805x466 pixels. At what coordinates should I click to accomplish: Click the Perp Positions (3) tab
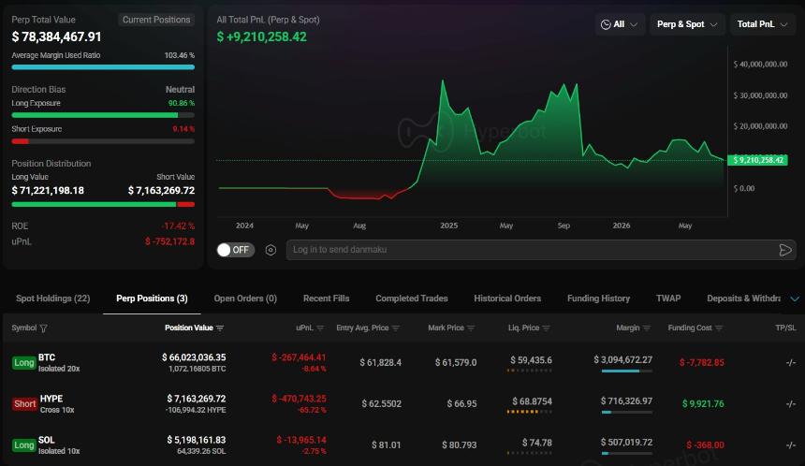click(x=152, y=299)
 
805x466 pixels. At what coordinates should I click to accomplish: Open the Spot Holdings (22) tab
click(x=52, y=299)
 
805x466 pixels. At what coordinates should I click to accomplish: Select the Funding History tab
click(x=598, y=299)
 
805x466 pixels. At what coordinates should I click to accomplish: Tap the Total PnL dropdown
click(x=762, y=24)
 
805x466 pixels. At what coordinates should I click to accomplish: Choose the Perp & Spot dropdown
click(x=687, y=24)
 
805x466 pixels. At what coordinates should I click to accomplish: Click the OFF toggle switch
click(x=236, y=250)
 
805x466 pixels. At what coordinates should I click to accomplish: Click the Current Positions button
click(x=156, y=20)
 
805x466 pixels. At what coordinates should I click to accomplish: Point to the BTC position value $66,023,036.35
click(x=194, y=357)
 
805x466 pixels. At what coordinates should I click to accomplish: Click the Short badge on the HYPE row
click(x=24, y=404)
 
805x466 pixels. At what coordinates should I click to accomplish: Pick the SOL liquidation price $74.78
click(x=537, y=443)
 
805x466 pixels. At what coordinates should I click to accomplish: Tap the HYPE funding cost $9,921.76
click(x=703, y=404)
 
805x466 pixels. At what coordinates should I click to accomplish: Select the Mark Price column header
click(x=451, y=328)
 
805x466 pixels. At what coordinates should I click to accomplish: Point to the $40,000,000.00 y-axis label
click(x=760, y=65)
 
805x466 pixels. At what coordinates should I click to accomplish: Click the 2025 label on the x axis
click(x=448, y=226)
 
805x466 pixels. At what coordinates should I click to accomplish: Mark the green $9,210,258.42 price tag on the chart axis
click(x=758, y=160)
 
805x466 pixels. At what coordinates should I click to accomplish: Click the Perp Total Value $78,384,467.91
click(x=56, y=36)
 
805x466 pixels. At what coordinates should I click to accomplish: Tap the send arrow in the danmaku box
click(x=785, y=250)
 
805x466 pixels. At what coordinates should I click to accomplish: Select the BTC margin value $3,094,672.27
click(x=622, y=359)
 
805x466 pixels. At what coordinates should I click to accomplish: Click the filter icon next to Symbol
click(x=44, y=328)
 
